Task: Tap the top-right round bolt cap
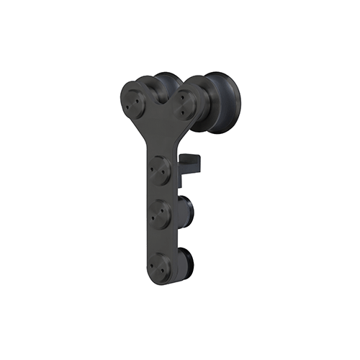[x=185, y=104]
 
